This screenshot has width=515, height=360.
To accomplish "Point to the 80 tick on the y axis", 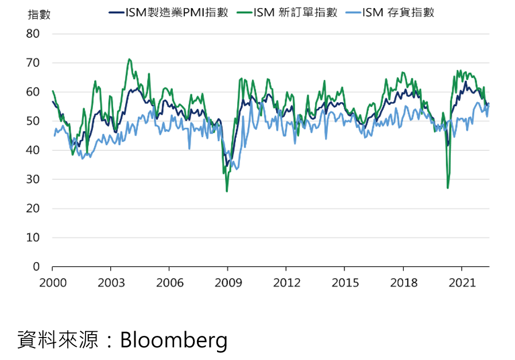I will (33, 34).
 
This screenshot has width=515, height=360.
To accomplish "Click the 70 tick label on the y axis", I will (33, 63).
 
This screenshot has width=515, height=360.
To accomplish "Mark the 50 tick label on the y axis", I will (33, 121).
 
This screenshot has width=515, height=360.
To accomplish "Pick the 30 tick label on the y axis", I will (33, 180).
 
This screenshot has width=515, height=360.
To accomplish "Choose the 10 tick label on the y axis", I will (33, 238).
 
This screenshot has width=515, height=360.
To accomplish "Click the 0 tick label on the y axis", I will (36, 267).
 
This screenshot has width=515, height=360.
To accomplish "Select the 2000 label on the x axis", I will (52, 282).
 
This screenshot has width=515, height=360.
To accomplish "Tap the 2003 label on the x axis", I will (111, 282).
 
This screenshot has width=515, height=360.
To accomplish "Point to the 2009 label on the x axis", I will (228, 282).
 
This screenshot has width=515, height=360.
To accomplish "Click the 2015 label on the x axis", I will (345, 282).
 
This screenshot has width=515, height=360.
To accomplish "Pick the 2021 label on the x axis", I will (462, 282).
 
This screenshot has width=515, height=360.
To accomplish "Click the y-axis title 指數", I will (39, 15).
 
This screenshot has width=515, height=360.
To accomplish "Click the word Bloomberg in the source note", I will (173, 340).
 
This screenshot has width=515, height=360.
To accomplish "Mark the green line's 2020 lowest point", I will (448, 188).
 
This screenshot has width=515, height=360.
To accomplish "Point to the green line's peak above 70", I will (129, 59).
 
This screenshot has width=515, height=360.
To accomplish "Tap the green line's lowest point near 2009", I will (227, 191).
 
